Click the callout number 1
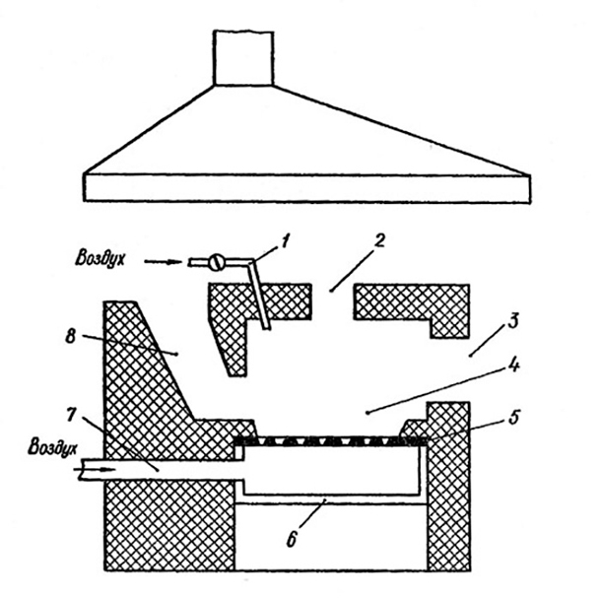pyautogui.click(x=286, y=241)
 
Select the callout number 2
pyautogui.click(x=378, y=240)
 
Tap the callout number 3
pyautogui.click(x=513, y=321)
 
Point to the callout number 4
pyautogui.click(x=513, y=365)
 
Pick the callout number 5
pyautogui.click(x=513, y=417)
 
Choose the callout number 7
pyautogui.click(x=72, y=414)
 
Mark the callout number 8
pyautogui.click(x=70, y=337)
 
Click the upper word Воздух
pyautogui.click(x=100, y=258)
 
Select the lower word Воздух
pyautogui.click(x=52, y=447)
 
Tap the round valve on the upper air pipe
pyautogui.click(x=215, y=262)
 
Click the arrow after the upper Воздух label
pyautogui.click(x=163, y=262)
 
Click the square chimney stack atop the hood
pyautogui.click(x=243, y=58)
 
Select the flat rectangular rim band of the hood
pyautogui.click(x=307, y=188)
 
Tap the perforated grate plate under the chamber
pyautogui.click(x=330, y=441)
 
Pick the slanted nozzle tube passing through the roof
pyautogui.click(x=260, y=295)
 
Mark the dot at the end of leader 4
pyautogui.click(x=368, y=413)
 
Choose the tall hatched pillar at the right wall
pyautogui.click(x=448, y=486)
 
